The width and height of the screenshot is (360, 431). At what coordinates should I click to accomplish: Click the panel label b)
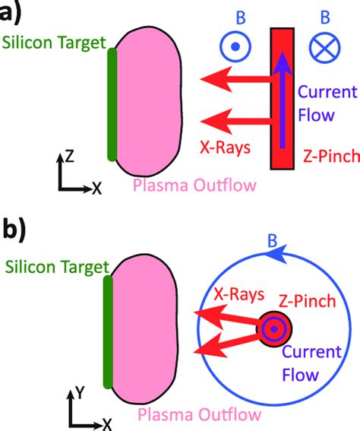(x=17, y=230)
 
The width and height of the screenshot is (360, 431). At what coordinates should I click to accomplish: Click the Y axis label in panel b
(x=80, y=394)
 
